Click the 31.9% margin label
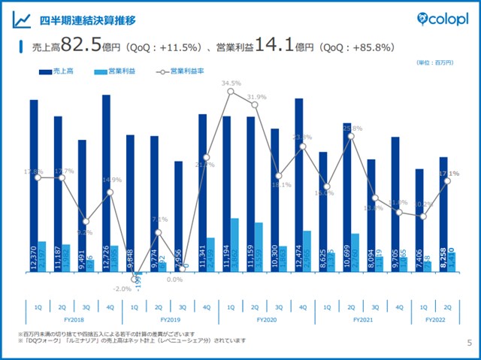coord(256,97)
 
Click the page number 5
coord(469,343)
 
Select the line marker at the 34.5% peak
coord(231,92)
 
